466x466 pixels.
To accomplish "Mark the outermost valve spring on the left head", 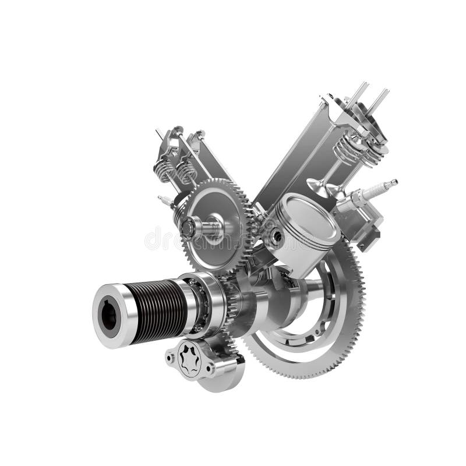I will pyautogui.click(x=164, y=170).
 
